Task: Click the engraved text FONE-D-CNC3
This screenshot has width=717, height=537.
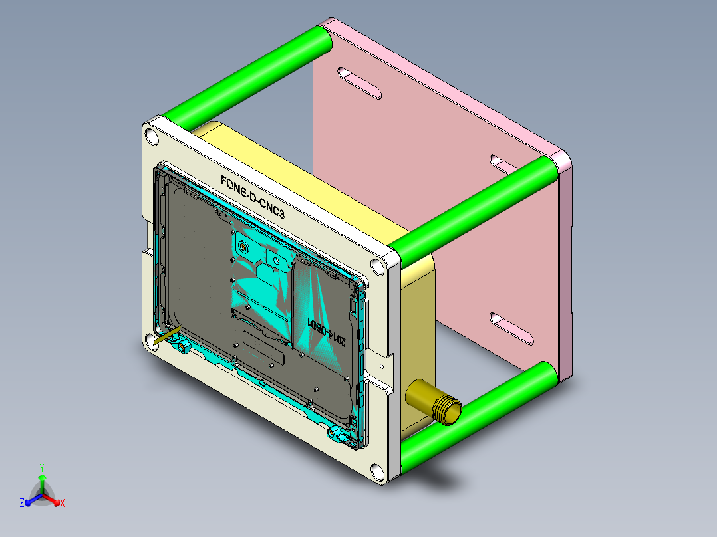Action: pyautogui.click(x=257, y=197)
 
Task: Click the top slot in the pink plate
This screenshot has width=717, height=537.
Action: pyautogui.click(x=359, y=83)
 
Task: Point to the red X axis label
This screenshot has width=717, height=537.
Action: pyautogui.click(x=62, y=504)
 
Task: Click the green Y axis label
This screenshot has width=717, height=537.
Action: pyautogui.click(x=41, y=467)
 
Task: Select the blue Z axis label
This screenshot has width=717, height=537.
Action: pyautogui.click(x=22, y=503)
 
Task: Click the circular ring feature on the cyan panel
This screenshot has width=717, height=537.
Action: pyautogui.click(x=243, y=248)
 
